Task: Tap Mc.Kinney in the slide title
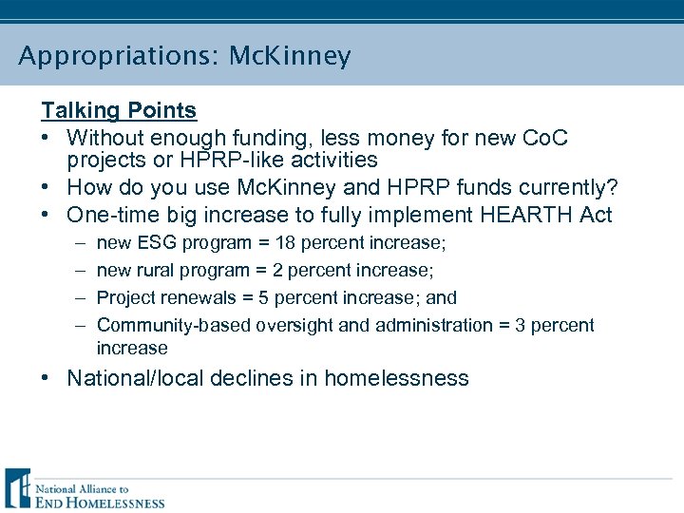[290, 57]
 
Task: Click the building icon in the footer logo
[17, 488]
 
